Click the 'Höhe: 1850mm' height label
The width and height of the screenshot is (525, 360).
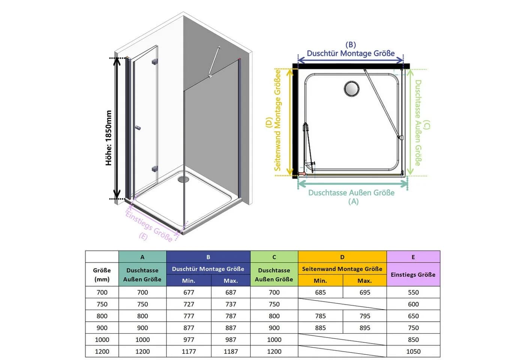108,138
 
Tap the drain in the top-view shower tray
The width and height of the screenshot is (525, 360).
351,88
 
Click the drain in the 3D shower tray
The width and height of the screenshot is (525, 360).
183,180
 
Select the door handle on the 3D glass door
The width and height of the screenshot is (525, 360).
138,128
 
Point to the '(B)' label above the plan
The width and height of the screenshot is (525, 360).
351,45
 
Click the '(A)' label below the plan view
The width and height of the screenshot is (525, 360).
353,202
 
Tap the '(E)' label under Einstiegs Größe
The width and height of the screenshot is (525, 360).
143,236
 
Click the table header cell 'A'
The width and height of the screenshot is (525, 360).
142,257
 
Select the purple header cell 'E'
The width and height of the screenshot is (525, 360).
413,257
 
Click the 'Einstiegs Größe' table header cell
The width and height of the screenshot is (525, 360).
413,274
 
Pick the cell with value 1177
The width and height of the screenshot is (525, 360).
189,351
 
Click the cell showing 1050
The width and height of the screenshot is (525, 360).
413,351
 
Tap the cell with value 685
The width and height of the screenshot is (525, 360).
320,292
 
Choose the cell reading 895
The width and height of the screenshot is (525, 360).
364,328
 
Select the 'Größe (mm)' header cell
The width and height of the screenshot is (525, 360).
102,274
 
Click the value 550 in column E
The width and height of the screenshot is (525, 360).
413,292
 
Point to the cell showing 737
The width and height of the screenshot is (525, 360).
231,304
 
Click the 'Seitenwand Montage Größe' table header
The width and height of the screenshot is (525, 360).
342,268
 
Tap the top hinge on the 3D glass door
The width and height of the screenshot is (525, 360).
154,61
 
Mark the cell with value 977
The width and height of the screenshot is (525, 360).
189,339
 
